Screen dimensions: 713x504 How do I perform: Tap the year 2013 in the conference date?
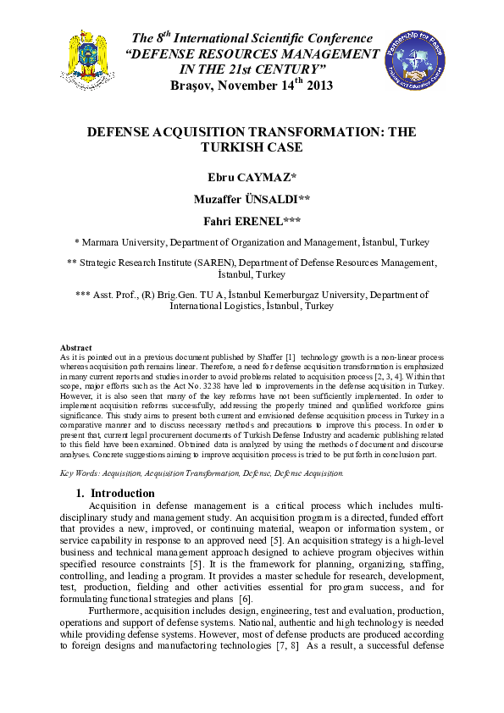point(318,86)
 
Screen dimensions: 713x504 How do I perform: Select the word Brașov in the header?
point(194,86)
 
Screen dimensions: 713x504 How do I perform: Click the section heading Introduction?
point(123,493)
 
